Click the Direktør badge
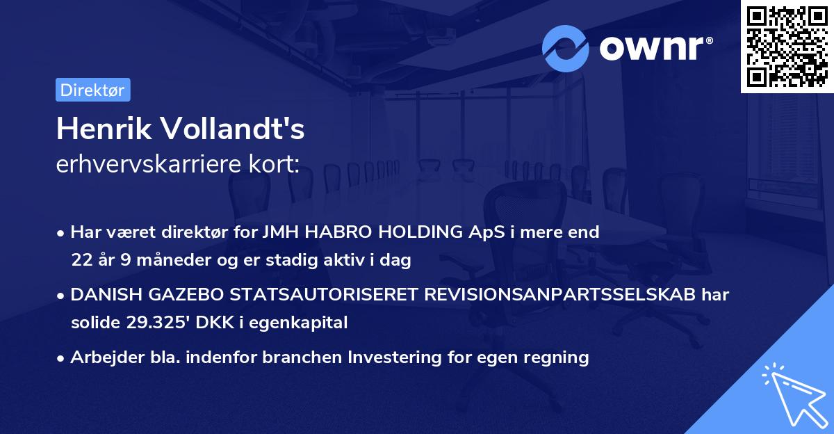(x=92, y=90)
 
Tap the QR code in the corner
(x=787, y=47)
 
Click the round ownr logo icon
(x=566, y=49)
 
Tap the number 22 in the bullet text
(x=81, y=260)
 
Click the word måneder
(x=152, y=260)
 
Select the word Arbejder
(x=100, y=357)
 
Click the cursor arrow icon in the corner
(x=792, y=393)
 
